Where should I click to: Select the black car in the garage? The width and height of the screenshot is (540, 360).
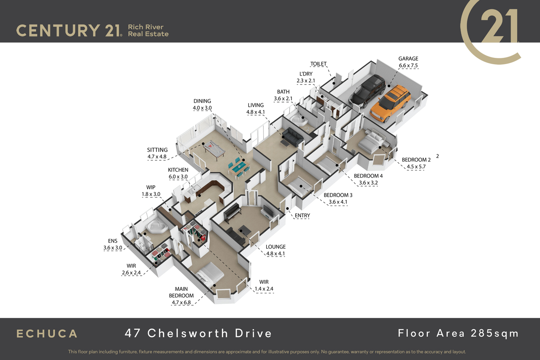coord(367,91)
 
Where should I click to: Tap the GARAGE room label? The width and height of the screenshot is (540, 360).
coord(408,59)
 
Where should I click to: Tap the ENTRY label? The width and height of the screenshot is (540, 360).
coord(302,216)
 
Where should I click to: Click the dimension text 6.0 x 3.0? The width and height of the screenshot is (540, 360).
coord(178,177)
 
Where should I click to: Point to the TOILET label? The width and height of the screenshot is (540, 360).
coord(319,64)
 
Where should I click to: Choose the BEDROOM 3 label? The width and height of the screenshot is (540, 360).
coord(338,195)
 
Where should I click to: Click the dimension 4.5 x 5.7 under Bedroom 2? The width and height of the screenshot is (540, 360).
coord(416,167)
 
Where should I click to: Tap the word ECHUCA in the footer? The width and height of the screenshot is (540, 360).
coord(47,333)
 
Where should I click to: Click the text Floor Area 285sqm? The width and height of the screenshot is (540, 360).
coord(458,333)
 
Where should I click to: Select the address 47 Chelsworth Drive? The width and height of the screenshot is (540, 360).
coord(198,333)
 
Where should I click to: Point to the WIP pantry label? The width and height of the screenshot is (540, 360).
coord(151,187)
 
